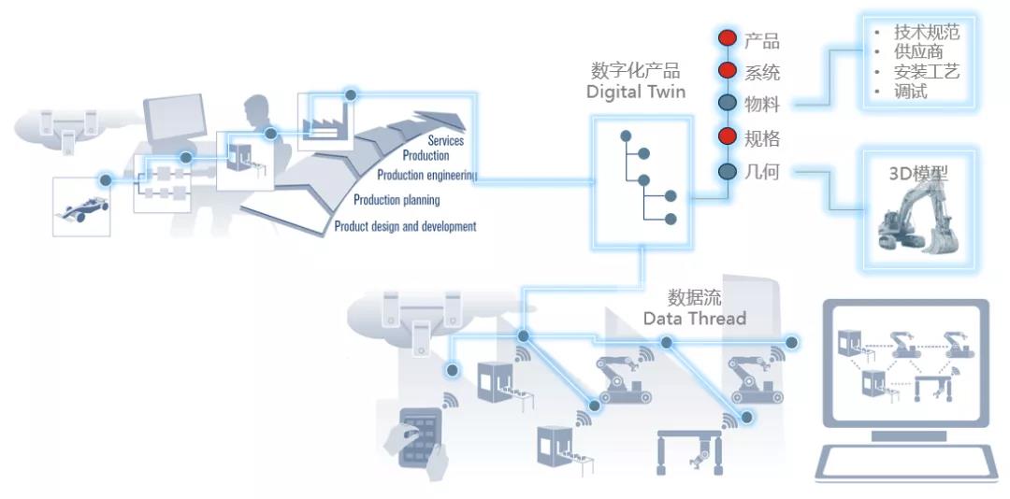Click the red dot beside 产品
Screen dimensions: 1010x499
click(728, 38)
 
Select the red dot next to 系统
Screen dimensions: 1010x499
click(728, 70)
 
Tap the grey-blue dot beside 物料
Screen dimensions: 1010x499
click(728, 103)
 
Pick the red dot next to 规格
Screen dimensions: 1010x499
click(728, 136)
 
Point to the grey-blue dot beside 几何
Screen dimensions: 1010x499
click(728, 171)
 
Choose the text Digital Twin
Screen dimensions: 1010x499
click(636, 93)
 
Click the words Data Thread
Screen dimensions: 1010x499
click(694, 318)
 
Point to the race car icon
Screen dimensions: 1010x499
click(81, 208)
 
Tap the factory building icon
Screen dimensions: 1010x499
click(325, 122)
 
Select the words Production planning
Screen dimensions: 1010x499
click(397, 200)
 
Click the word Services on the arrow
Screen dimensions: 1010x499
click(446, 140)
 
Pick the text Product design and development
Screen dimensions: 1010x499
click(405, 226)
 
